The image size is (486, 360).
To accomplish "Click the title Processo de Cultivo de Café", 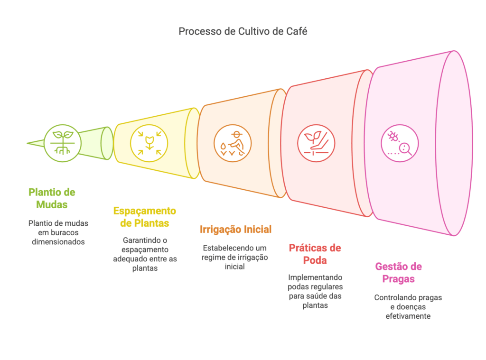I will pyautogui.click(x=243, y=32).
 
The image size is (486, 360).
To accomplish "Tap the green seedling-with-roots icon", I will pyautogui.click(x=62, y=142).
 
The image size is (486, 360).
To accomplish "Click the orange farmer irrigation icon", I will pyautogui.click(x=232, y=143).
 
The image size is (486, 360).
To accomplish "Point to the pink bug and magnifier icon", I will pyautogui.click(x=400, y=143).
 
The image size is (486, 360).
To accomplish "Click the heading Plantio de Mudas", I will pyautogui.click(x=52, y=198).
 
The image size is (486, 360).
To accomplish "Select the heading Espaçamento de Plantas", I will pyautogui.click(x=144, y=217).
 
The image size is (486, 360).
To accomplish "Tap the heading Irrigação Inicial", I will pyautogui.click(x=235, y=230).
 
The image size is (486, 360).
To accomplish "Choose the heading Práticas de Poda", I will pyautogui.click(x=315, y=254).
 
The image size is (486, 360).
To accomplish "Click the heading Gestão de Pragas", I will pyautogui.click(x=398, y=272).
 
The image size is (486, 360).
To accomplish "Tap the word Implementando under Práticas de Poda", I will pyautogui.click(x=315, y=277).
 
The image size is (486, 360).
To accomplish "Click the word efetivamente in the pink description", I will pyautogui.click(x=408, y=315).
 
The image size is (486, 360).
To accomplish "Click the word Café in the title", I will pyautogui.click(x=298, y=32).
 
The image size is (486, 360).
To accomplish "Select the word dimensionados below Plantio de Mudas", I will pyautogui.click(x=58, y=241).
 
